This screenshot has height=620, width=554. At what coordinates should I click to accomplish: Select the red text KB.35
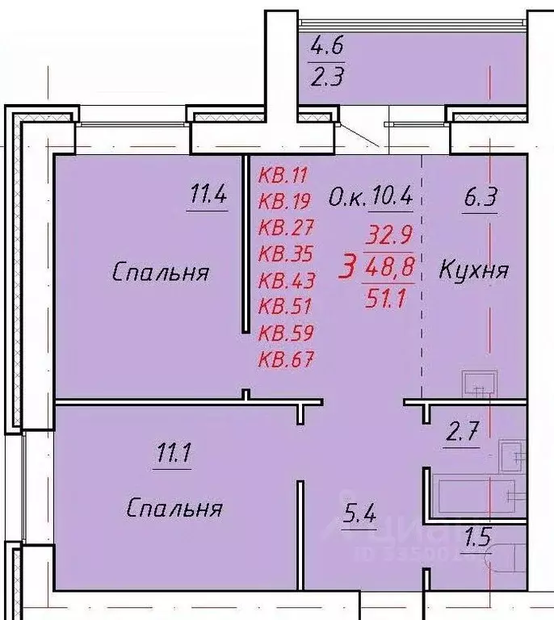(286, 253)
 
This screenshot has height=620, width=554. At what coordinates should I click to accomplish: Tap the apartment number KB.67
(286, 359)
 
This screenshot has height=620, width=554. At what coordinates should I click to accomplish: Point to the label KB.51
(286, 306)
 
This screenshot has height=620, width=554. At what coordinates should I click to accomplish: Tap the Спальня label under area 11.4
(160, 272)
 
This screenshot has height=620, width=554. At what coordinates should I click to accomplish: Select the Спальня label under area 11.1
(174, 509)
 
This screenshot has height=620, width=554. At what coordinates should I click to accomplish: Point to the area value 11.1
(173, 455)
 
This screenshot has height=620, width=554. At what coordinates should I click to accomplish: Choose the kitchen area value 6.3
(480, 196)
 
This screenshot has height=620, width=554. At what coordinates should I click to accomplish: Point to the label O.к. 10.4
(371, 195)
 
